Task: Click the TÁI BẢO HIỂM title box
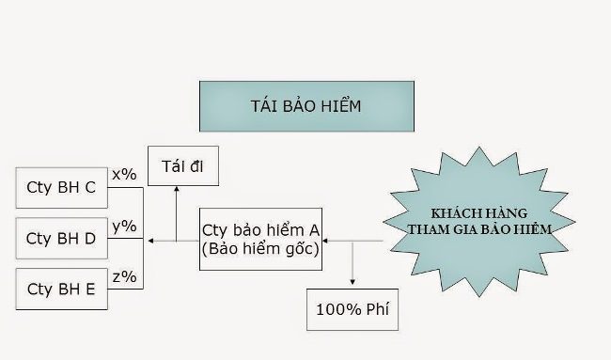306,106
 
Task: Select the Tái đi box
183,166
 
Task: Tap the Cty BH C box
61,188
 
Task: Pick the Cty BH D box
61,238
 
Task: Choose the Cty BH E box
61,289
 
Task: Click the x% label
124,175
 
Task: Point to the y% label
124,226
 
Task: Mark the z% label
124,277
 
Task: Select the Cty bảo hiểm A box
260,240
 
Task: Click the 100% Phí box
352,310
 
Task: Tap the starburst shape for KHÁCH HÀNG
479,222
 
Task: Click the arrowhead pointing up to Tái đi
177,189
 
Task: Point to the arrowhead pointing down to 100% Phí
352,282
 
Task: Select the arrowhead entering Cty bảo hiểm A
325,241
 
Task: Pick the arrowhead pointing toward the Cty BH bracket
150,241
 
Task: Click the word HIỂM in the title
340,105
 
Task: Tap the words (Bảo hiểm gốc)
260,249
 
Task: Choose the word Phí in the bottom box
378,309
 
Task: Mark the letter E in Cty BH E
90,290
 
